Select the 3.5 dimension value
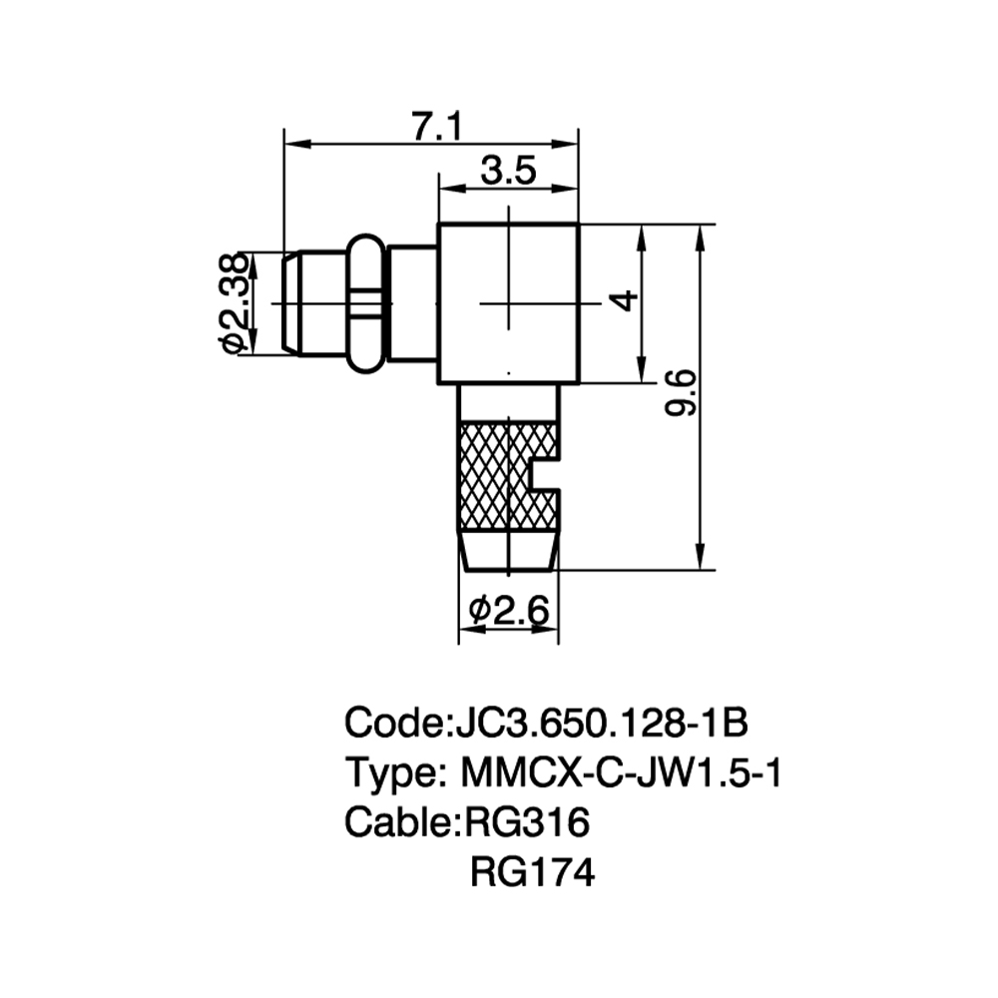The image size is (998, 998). tap(509, 171)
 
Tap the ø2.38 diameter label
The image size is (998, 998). tap(233, 303)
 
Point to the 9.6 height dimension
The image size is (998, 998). tap(681, 394)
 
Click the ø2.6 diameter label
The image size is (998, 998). tap(509, 611)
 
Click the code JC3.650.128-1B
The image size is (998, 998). tap(602, 723)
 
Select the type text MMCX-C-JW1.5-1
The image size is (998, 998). tap(620, 772)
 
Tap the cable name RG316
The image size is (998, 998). tap(527, 821)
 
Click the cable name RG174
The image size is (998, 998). tap(532, 872)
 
